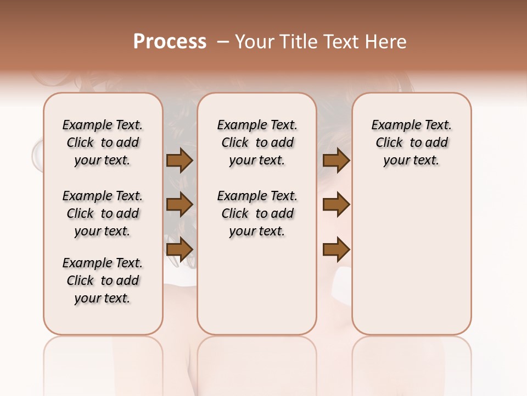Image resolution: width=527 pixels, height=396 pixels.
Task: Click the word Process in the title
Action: click(170, 42)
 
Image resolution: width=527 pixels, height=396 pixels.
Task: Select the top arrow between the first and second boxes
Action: click(180, 161)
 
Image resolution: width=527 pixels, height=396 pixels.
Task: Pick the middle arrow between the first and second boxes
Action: click(180, 205)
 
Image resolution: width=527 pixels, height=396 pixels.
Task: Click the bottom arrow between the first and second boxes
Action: click(180, 250)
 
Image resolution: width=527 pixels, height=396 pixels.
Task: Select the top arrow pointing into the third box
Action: click(336, 161)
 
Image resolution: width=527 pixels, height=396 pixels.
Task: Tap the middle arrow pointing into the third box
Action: click(336, 205)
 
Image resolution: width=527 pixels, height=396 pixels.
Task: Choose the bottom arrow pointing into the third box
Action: click(336, 250)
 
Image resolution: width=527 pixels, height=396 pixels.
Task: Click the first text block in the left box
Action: click(103, 142)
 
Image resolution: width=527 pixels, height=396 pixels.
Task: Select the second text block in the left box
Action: click(103, 213)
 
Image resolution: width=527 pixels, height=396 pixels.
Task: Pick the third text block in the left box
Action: click(103, 280)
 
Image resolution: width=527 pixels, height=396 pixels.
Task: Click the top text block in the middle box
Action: click(257, 142)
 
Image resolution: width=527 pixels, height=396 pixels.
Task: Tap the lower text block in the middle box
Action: click(257, 213)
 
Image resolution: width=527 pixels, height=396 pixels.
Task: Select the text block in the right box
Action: click(412, 142)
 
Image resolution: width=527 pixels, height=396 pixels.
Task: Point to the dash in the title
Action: click(223, 42)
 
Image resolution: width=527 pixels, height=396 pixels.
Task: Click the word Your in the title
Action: click(254, 42)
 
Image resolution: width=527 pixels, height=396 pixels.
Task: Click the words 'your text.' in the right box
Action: click(412, 161)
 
